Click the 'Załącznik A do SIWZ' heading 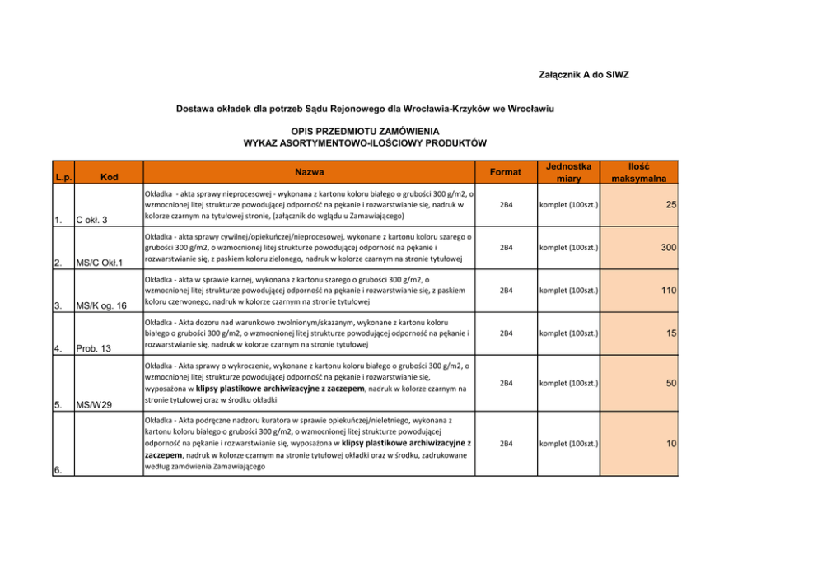click(583, 75)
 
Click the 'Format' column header click(505, 172)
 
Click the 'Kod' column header click(110, 177)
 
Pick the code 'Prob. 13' click(95, 348)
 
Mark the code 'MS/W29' click(94, 404)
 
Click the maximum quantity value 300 click(667, 246)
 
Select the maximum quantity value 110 click(667, 290)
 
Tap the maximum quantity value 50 click(670, 384)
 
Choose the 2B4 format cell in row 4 click(506, 333)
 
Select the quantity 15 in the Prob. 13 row click(670, 333)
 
